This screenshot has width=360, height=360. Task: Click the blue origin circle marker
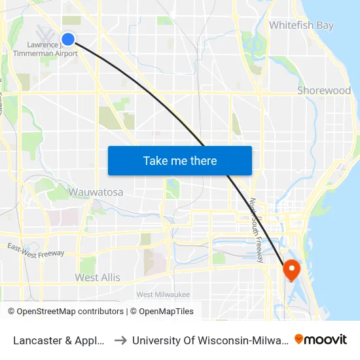(68, 39)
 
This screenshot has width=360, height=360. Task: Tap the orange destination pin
(290, 268)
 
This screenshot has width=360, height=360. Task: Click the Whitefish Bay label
(301, 26)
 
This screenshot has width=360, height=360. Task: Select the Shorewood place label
(324, 90)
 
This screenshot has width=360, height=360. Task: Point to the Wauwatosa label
(96, 192)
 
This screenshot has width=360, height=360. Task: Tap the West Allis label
(98, 278)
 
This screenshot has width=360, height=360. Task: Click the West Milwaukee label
(163, 295)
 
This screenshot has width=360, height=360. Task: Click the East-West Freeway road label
(36, 250)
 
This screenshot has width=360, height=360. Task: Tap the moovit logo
(321, 339)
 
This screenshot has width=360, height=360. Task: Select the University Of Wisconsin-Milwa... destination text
(209, 340)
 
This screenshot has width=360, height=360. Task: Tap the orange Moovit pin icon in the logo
(299, 339)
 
